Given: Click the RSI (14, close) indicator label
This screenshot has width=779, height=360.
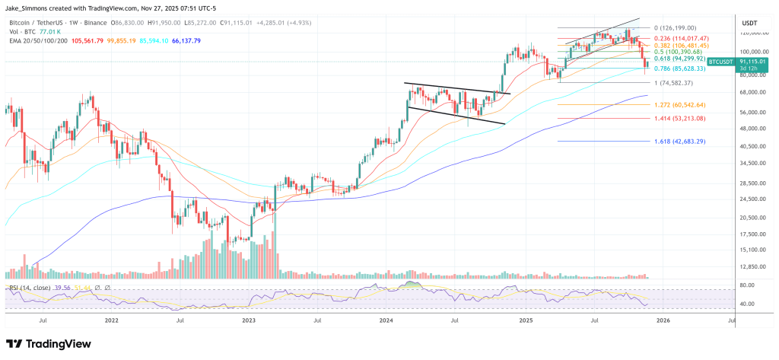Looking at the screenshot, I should [30, 288].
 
